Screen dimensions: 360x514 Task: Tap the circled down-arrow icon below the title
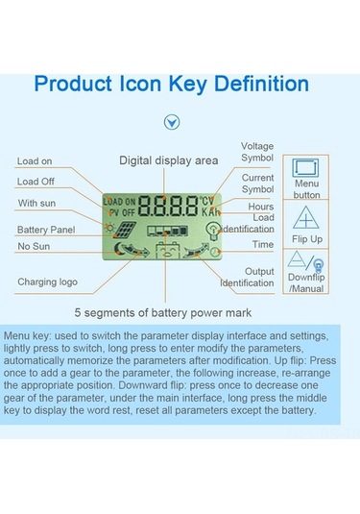tap(172, 122)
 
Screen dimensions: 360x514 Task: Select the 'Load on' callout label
tap(35, 161)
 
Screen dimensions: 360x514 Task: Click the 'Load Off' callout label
tap(36, 182)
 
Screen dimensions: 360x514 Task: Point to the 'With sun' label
tap(36, 204)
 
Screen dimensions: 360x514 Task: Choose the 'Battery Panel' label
tap(46, 230)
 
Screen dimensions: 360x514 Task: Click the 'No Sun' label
tap(34, 246)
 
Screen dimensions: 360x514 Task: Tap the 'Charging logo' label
tap(47, 281)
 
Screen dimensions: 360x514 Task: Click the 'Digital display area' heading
tap(169, 160)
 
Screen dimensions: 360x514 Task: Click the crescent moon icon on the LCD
tap(119, 249)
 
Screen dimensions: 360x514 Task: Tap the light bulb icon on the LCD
tap(213, 231)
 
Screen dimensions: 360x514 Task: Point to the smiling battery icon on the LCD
tap(167, 251)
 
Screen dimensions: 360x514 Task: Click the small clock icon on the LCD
tap(215, 252)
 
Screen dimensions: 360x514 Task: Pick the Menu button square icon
tap(305, 168)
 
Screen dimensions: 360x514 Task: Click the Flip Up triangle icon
tap(305, 218)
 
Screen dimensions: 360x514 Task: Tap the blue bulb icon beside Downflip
tap(319, 265)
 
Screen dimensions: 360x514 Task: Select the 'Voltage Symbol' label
tap(257, 152)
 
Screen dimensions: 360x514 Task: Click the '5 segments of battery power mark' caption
tap(163, 313)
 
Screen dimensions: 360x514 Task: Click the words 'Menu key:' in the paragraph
tap(27, 336)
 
